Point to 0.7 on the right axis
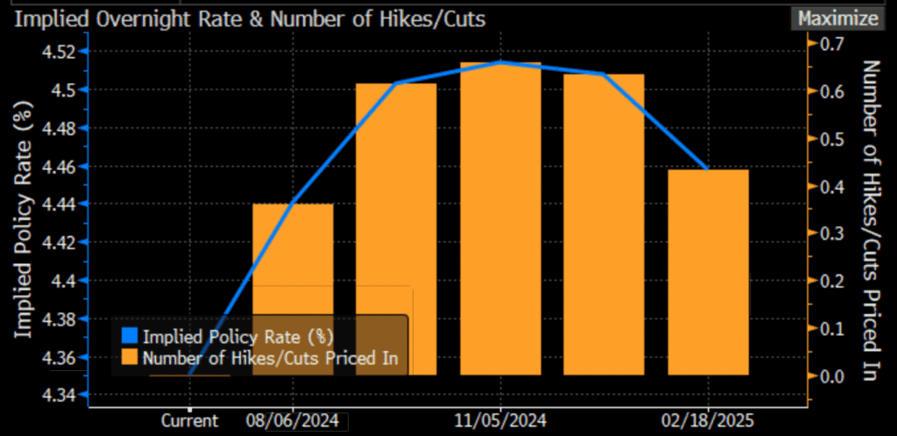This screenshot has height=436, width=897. pyautogui.click(x=830, y=43)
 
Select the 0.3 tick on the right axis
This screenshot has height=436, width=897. pyautogui.click(x=830, y=233)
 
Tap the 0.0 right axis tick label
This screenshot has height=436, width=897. pyautogui.click(x=830, y=376)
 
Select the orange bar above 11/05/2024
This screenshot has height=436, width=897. pyautogui.click(x=500, y=219)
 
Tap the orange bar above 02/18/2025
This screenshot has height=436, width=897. pyautogui.click(x=708, y=272)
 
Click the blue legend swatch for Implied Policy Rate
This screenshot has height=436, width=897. pyautogui.click(x=130, y=336)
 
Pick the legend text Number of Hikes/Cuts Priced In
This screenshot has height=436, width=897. pyautogui.click(x=271, y=357)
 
